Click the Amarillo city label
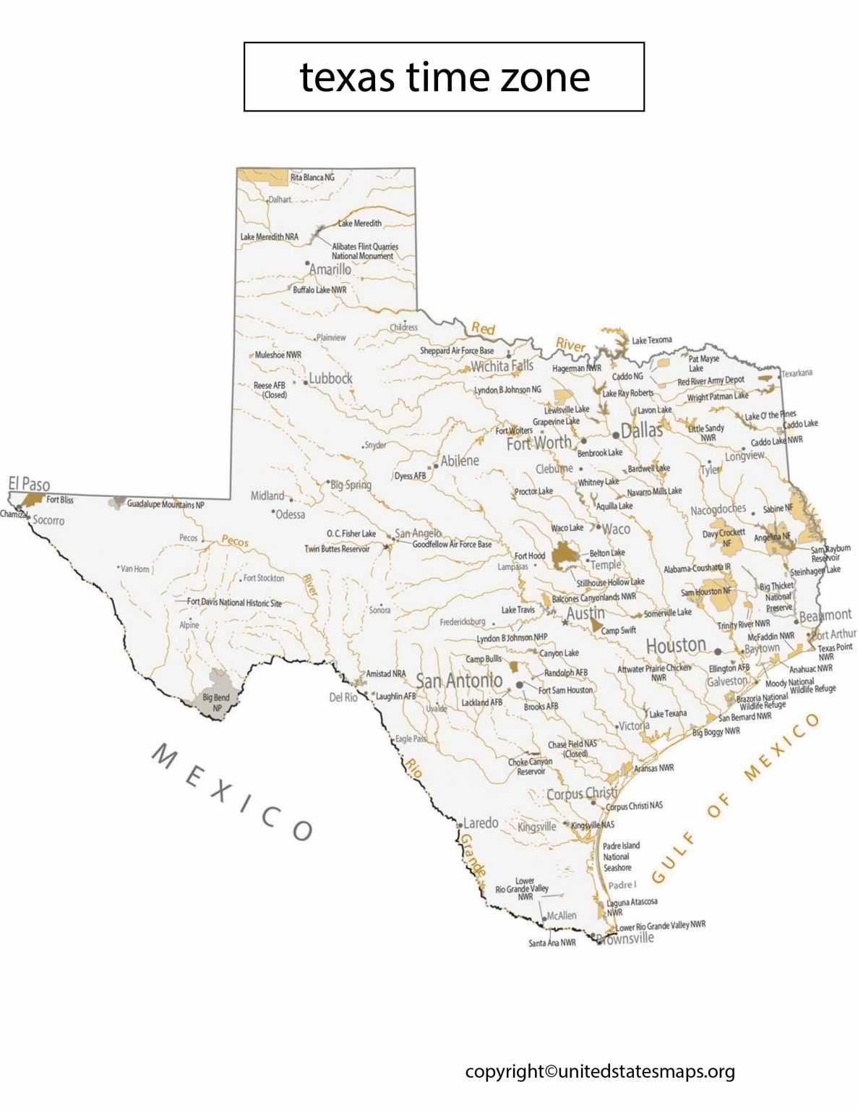pyautogui.click(x=330, y=269)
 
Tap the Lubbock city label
pyautogui.click(x=331, y=378)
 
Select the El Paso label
pyautogui.click(x=29, y=483)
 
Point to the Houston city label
pyautogui.click(x=676, y=645)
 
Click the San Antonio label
pyautogui.click(x=459, y=681)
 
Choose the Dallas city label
pyautogui.click(x=642, y=430)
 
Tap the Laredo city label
pyautogui.click(x=481, y=823)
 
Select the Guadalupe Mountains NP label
pyautogui.click(x=166, y=504)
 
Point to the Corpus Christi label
pyautogui.click(x=582, y=793)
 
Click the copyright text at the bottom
pyautogui.click(x=600, y=1071)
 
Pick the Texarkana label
pyautogui.click(x=797, y=373)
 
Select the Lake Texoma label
pyautogui.click(x=652, y=340)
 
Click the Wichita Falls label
pyautogui.click(x=502, y=366)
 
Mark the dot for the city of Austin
pyautogui.click(x=565, y=621)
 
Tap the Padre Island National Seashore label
pyautogui.click(x=621, y=856)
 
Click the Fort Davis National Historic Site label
pyautogui.click(x=234, y=603)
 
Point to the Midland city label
pyautogui.click(x=267, y=495)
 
